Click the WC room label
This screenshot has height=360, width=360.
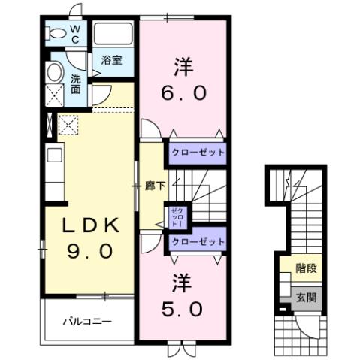(75, 35)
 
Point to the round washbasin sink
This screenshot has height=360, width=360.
(55, 74)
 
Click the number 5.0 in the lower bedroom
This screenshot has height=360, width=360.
(180, 307)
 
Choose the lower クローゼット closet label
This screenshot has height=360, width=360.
(198, 241)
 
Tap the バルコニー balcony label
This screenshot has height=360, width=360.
(91, 322)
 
